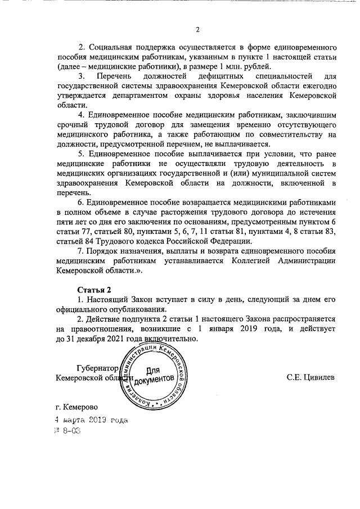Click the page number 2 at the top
197,30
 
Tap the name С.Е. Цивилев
310,377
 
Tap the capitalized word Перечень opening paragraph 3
114,75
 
